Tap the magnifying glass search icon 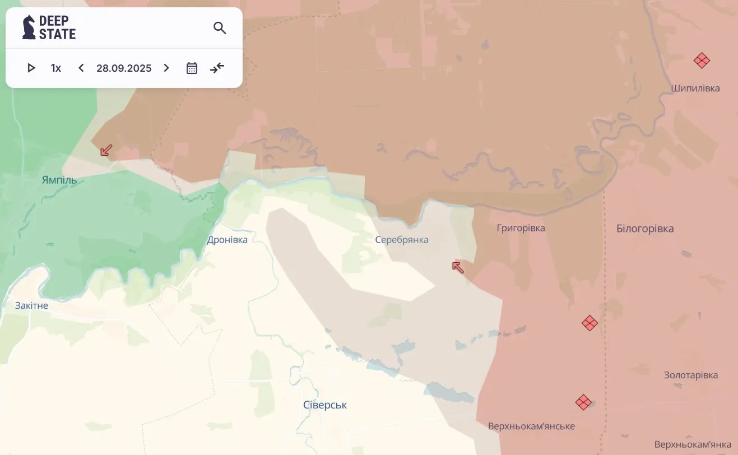tap(220, 28)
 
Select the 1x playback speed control tap(56, 68)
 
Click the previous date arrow tap(81, 68)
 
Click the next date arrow tap(166, 68)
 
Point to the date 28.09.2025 tap(124, 68)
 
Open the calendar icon tap(192, 68)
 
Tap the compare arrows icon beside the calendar tap(217, 68)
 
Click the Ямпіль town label tap(59, 180)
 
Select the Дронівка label tap(227, 240)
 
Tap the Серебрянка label tap(402, 240)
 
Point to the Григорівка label tap(521, 228)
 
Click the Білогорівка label tap(645, 229)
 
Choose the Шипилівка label tap(695, 89)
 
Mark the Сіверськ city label tap(325, 405)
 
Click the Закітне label tap(32, 305)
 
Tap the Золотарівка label tap(691, 375)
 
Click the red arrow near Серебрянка tap(458, 267)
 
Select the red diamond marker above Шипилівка tap(702, 61)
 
